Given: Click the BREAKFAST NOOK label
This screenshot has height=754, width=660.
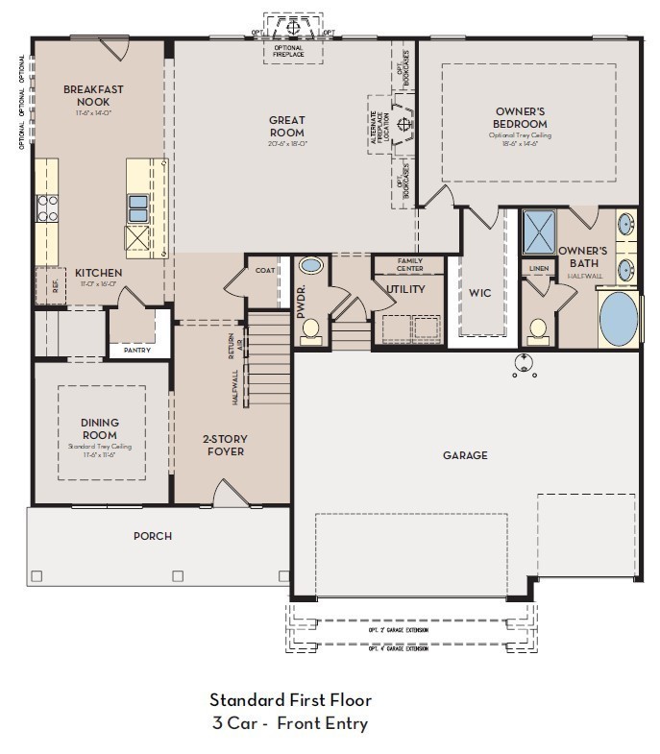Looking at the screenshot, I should point(93,95).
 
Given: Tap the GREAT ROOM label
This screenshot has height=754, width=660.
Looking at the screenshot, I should point(287,127).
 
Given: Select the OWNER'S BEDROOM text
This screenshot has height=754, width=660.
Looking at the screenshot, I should point(520,117).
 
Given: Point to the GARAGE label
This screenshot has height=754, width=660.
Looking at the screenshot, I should point(465,455).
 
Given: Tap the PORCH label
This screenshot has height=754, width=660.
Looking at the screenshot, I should point(153,536).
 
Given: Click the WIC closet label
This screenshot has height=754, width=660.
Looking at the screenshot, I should point(480,293).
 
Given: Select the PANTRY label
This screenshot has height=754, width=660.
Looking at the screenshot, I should point(137,351).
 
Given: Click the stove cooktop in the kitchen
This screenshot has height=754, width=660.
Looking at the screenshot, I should point(47,207).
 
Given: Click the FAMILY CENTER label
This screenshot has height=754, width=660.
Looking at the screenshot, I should point(409,264).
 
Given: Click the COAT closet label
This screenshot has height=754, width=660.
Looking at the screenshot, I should point(266,271).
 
